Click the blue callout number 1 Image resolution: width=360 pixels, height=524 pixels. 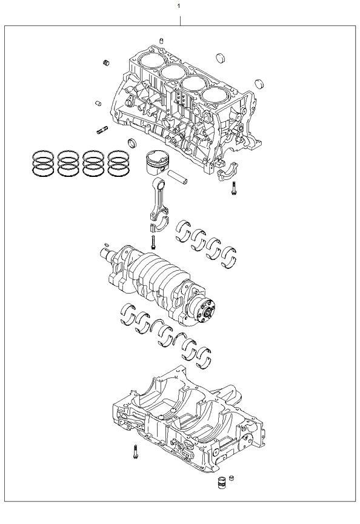click(x=179, y=5)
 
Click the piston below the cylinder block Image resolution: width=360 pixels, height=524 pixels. click(x=156, y=164)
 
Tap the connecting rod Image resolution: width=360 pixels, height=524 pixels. click(x=159, y=202)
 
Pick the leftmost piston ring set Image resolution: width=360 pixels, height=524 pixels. click(x=43, y=164)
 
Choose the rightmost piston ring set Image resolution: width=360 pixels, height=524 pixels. click(x=118, y=164)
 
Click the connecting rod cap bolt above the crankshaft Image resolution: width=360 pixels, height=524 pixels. click(x=153, y=242)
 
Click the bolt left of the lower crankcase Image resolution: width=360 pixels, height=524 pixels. click(x=135, y=452)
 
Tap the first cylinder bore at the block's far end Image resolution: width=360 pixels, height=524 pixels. click(x=152, y=61)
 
